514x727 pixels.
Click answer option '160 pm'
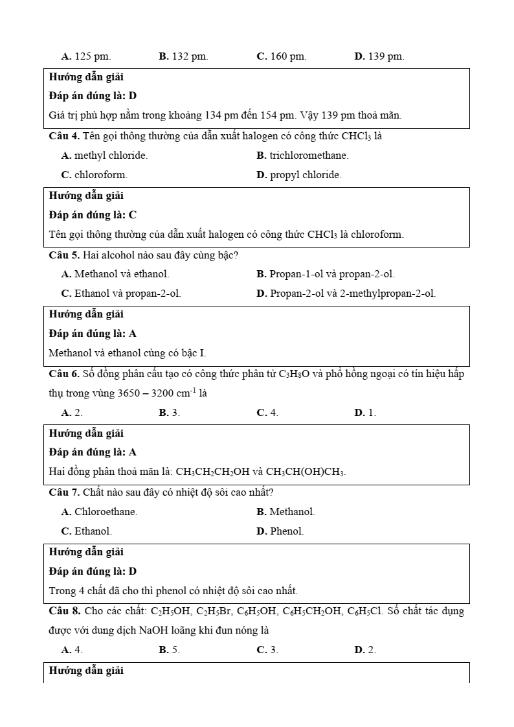point(282,56)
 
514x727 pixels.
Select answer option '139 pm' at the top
point(379,56)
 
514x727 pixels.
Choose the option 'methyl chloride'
point(104,156)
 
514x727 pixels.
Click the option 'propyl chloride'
point(299,175)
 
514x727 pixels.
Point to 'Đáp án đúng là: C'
point(93,214)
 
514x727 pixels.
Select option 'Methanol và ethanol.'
point(115,274)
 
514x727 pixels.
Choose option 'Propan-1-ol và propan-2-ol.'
point(326,274)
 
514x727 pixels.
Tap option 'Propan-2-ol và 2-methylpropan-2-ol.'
point(346,294)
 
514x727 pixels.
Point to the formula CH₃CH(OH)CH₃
point(306,472)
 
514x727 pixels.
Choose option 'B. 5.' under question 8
point(169,650)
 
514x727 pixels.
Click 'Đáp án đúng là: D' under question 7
point(93,571)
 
